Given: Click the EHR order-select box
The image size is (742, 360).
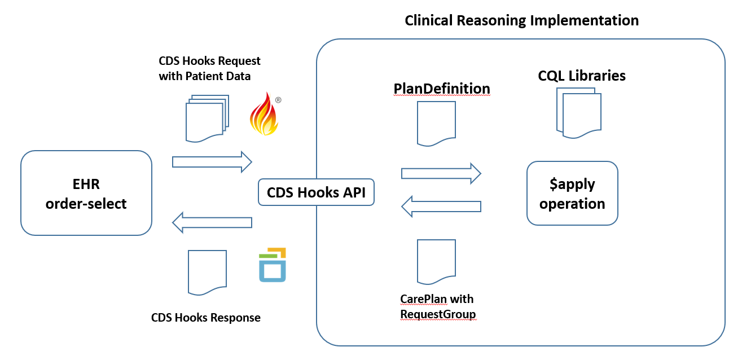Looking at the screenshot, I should [x=86, y=193].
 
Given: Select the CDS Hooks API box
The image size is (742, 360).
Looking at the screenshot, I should [x=316, y=193].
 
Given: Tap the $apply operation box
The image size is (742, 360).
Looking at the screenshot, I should [x=572, y=194].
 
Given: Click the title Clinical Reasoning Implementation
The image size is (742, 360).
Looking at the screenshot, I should [x=521, y=21].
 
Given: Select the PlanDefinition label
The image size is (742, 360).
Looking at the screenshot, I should [x=441, y=89].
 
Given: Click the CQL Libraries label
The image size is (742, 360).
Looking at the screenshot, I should [x=582, y=76].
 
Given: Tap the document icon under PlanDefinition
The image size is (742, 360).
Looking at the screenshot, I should [x=436, y=124].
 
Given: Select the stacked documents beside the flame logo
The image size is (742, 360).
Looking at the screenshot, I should [x=206, y=118].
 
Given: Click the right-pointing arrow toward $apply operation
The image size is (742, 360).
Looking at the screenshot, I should [x=440, y=173].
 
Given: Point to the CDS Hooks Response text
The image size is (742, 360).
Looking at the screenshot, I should [x=206, y=318].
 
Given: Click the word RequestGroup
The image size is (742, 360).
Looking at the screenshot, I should [x=438, y=314].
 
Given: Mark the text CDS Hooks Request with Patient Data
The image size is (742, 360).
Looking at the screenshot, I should [x=209, y=68].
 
